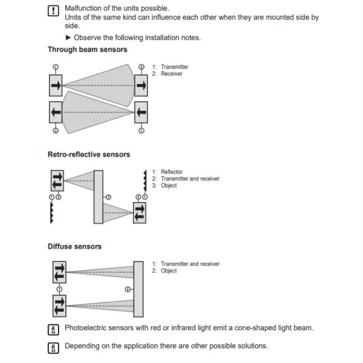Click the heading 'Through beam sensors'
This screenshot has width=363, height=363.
pos(87,50)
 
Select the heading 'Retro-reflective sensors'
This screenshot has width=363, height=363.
pos(88,154)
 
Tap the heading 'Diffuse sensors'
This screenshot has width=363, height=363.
pos(74,246)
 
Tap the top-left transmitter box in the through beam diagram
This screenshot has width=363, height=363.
pos(56,85)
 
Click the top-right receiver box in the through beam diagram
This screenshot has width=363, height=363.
pos(141,85)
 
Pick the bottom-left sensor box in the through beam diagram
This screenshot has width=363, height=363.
pos(56,112)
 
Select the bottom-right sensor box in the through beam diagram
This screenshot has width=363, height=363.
pos(141,112)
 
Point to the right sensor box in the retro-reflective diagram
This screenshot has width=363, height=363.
pos(140,212)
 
